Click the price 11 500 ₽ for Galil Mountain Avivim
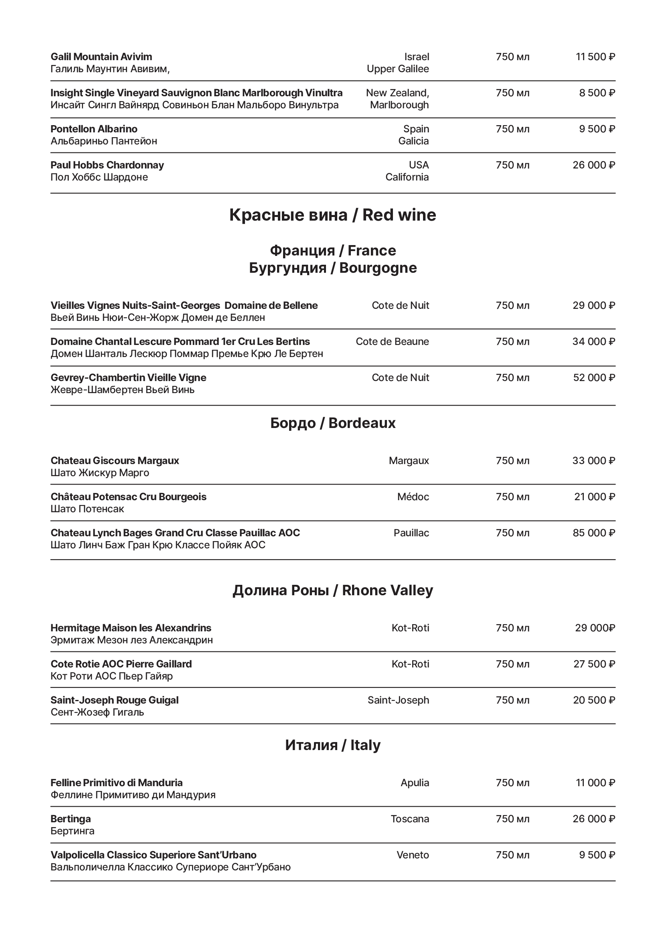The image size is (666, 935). pos(595,57)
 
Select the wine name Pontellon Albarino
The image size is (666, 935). pos(94,129)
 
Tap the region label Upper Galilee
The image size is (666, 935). pos(397,69)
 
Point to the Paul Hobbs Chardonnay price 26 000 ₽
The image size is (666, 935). pos(593,165)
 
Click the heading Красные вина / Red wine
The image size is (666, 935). pos(332,215)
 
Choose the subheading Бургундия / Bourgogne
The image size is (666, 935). pos(332,268)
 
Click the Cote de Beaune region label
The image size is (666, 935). pos(392,342)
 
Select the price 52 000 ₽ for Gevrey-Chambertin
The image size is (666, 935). pos(594,378)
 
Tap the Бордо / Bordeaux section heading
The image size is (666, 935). pos(332,423)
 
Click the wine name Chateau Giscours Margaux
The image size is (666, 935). pos(115,461)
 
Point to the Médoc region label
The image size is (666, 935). pos(413,497)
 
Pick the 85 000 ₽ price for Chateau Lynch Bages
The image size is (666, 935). pos(593,533)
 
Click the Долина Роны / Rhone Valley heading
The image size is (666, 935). pos(332,590)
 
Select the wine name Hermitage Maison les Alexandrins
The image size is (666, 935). pos(131,628)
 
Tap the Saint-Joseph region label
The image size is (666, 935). pos(398,700)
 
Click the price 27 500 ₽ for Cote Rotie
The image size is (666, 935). pos(594,664)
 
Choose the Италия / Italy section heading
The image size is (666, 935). pos(332,745)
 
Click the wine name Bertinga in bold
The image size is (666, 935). pos(71,819)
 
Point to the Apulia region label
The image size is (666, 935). pos(415,783)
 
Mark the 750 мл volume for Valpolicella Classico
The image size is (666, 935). pos(512,855)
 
